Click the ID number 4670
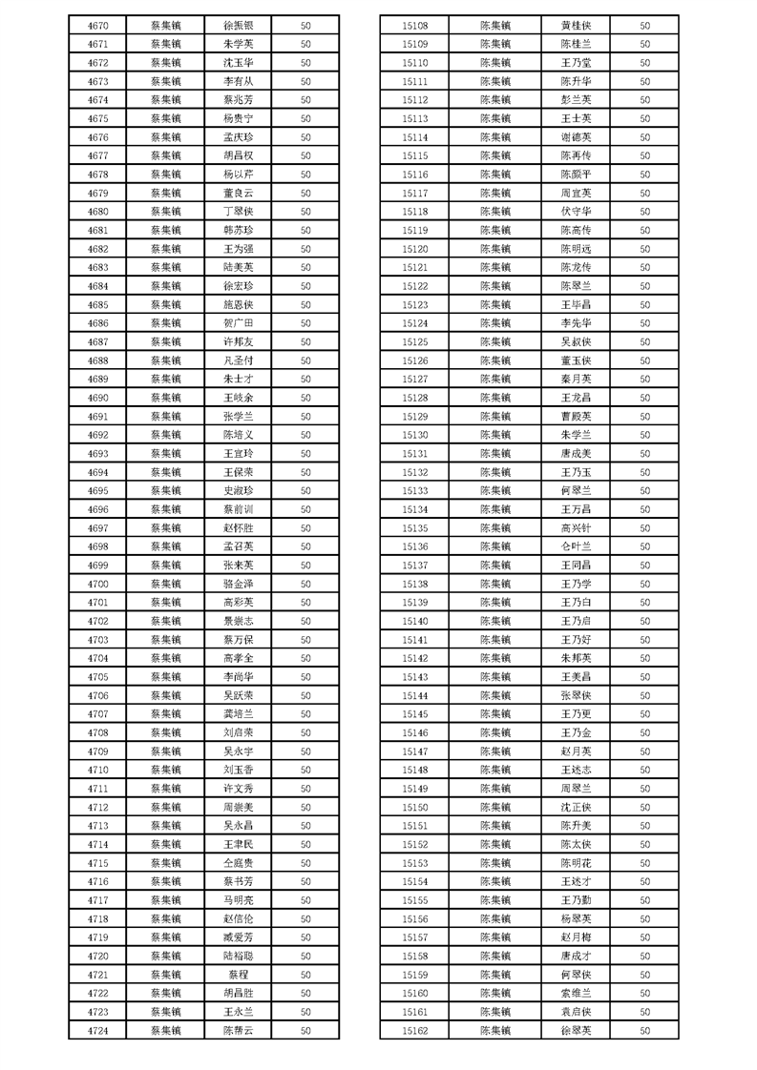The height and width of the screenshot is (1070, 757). pyautogui.click(x=97, y=26)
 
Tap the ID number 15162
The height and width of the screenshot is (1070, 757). pyautogui.click(x=415, y=1030)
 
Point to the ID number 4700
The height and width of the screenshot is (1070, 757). pyautogui.click(x=97, y=584)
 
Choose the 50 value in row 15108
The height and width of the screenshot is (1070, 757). pyautogui.click(x=645, y=26)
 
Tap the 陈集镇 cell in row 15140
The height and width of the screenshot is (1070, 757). pyautogui.click(x=494, y=621)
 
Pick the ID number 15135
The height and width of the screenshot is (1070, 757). pyautogui.click(x=415, y=528)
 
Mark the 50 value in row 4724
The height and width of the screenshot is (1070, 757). pyautogui.click(x=306, y=1030)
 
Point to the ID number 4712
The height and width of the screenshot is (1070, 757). pyautogui.click(x=97, y=807)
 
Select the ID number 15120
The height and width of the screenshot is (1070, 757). pyautogui.click(x=415, y=249)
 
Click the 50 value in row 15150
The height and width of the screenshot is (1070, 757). pyautogui.click(x=645, y=807)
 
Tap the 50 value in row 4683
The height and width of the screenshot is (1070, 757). pyautogui.click(x=306, y=268)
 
